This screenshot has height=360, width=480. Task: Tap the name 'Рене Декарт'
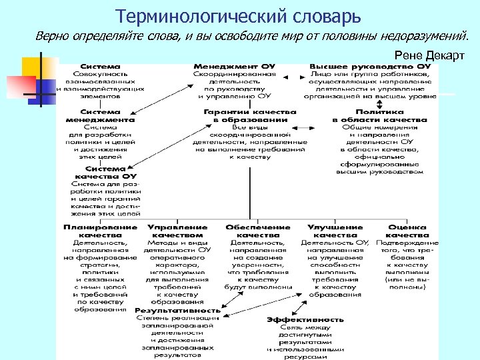(x=429, y=55)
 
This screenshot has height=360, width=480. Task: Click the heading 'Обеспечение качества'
(x=259, y=231)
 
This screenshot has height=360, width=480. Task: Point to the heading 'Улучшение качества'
(x=335, y=231)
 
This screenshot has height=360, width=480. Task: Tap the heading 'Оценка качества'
(x=407, y=231)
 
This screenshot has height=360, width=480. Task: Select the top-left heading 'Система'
(x=101, y=67)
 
